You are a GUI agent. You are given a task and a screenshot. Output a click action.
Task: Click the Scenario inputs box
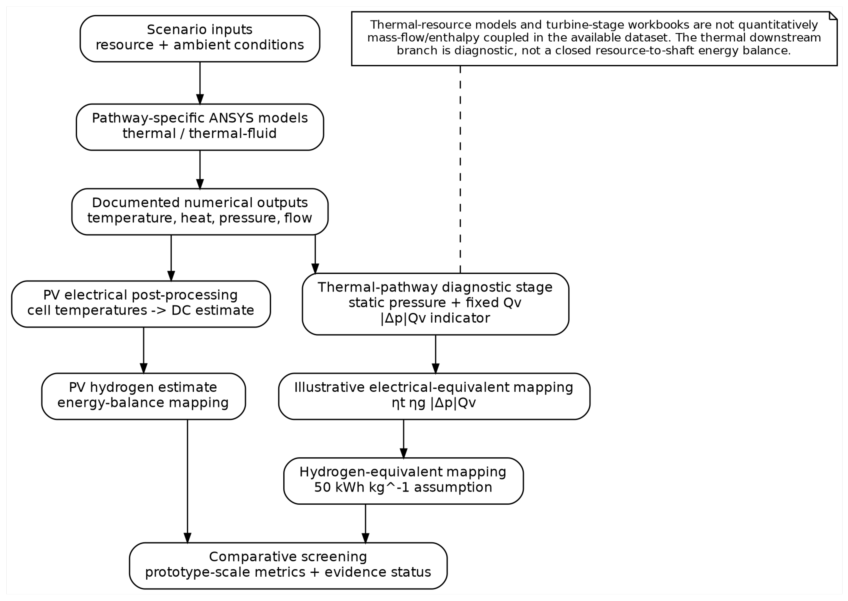[200, 39]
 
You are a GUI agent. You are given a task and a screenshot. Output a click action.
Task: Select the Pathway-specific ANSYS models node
[200, 127]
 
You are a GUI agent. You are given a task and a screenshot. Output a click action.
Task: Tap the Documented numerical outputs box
[200, 212]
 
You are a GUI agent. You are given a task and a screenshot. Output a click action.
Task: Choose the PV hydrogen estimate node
[144, 396]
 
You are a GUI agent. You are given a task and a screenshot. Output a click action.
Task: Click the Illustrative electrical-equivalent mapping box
[434, 396]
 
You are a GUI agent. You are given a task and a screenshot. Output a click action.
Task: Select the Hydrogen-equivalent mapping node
[403, 481]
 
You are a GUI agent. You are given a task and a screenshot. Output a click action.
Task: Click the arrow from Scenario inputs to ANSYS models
[200, 83]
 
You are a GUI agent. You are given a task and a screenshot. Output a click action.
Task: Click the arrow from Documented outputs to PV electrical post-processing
[171, 258]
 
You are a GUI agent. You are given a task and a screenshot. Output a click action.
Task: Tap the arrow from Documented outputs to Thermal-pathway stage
[315, 254]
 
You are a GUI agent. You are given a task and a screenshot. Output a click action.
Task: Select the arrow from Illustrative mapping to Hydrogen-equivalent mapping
[403, 439]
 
